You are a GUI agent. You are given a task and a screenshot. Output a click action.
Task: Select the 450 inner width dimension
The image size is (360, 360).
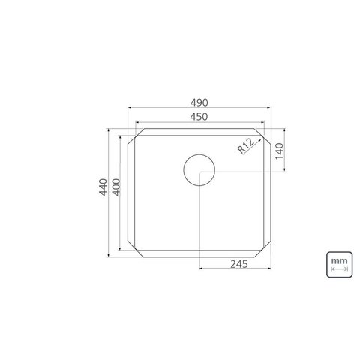pyautogui.click(x=199, y=116)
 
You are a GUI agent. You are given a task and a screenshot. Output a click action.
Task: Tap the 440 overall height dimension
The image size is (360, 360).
pyautogui.click(x=103, y=192)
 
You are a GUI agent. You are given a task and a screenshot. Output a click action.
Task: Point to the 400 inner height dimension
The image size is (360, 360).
pyautogui.click(x=117, y=192)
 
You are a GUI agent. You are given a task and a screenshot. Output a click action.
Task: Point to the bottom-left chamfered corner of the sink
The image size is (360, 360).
pyautogui.click(x=133, y=247)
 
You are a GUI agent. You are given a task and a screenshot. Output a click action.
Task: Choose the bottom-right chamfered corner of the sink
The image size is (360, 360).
pyautogui.click(x=265, y=247)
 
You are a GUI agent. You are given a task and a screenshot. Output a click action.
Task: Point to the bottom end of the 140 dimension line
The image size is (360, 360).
pyautogui.click(x=284, y=172)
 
